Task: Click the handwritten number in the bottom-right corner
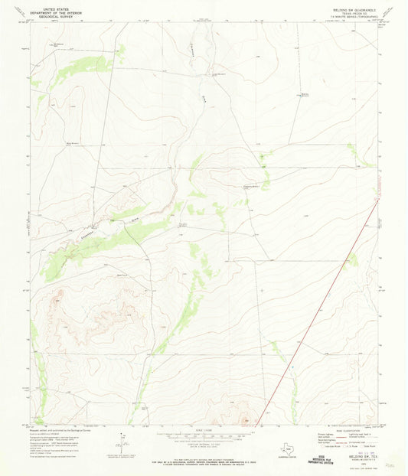[x=391, y=463]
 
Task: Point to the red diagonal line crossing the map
[x=322, y=306]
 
